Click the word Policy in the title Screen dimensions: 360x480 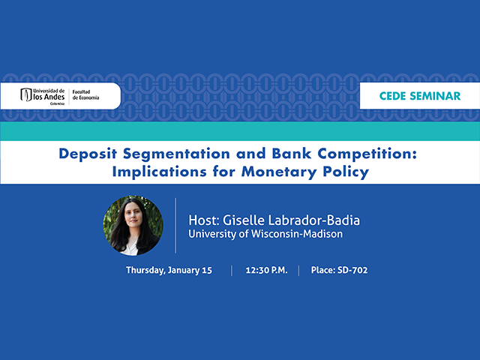(x=344, y=171)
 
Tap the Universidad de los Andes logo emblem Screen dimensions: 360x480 (x=26, y=95)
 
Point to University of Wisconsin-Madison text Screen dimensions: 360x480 (x=265, y=234)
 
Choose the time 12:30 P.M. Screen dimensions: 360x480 (x=265, y=270)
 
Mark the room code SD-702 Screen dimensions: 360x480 (x=352, y=270)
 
